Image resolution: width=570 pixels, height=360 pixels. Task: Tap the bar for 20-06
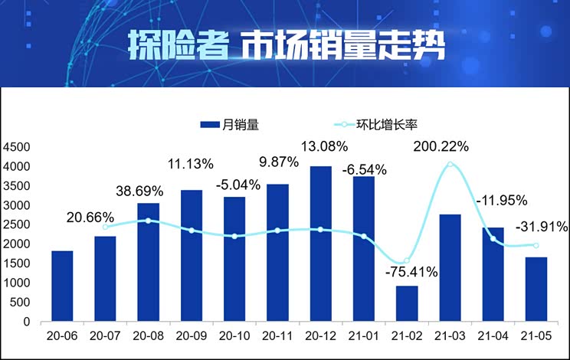point(63,286)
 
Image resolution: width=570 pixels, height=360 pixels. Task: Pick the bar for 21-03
point(450,268)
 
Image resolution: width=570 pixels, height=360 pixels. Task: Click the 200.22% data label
point(441,146)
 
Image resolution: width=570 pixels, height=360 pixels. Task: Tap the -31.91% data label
point(541,227)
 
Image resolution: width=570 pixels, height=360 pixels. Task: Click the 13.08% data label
point(324,146)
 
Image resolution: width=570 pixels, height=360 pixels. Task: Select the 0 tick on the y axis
point(26,322)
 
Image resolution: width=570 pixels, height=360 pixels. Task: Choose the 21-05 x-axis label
point(536,336)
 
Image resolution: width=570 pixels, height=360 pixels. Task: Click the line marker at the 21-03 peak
point(450,164)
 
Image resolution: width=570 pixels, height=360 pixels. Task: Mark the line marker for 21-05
point(536,245)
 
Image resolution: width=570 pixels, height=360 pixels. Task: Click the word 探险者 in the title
point(176,47)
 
